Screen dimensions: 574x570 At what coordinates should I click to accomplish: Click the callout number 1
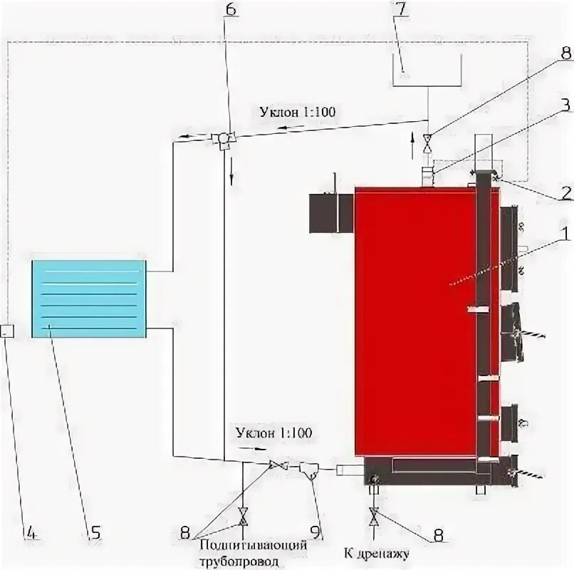(x=563, y=233)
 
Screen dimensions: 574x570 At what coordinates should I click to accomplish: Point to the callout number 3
(x=565, y=105)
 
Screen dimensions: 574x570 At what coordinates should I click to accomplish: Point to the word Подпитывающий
(x=255, y=545)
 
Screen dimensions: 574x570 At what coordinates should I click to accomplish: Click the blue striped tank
(x=88, y=299)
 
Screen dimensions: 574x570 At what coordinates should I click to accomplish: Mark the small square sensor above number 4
(x=6, y=331)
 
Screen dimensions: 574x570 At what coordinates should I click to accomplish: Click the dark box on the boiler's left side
(x=330, y=212)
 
